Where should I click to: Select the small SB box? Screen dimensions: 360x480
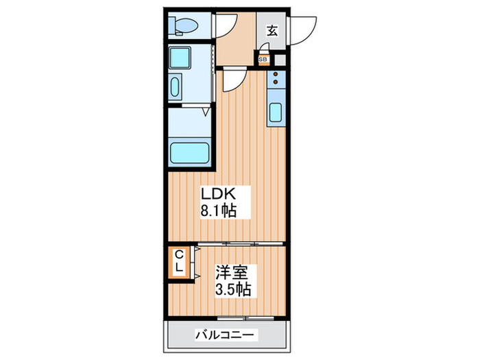(263, 60)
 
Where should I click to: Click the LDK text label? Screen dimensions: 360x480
(215, 195)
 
